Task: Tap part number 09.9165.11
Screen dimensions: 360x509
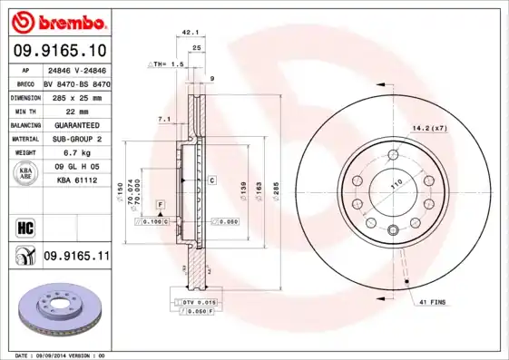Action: (x=76, y=257)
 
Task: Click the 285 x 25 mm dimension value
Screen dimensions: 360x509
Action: (x=76, y=97)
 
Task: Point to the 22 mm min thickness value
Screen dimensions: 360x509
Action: (x=76, y=111)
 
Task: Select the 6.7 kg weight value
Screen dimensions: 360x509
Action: (x=76, y=153)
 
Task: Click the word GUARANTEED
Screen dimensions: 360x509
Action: (x=76, y=125)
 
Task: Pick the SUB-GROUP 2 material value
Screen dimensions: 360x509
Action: (x=76, y=139)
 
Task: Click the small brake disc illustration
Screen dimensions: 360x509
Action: (x=60, y=314)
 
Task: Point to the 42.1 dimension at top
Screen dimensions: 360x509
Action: (x=191, y=32)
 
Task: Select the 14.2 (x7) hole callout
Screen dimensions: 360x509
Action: (x=429, y=128)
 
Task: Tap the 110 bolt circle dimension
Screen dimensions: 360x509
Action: (x=396, y=184)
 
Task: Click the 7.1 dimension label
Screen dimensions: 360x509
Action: (x=164, y=119)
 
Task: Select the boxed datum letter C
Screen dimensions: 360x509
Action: (x=210, y=180)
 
